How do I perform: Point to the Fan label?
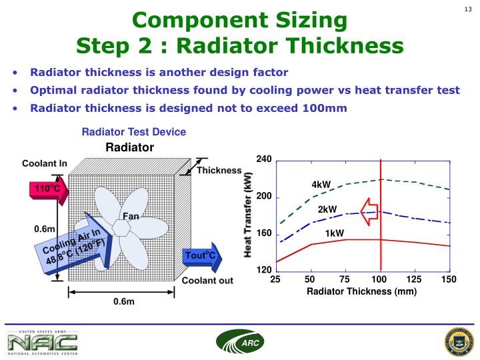tap(131, 216)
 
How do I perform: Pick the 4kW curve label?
tap(321, 184)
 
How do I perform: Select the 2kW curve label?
tap(327, 209)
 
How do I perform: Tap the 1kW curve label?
tap(335, 233)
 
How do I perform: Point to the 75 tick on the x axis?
tap(345, 279)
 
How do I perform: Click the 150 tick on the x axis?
tap(449, 279)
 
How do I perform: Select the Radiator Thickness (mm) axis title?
tap(361, 292)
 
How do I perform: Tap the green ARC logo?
tap(240, 342)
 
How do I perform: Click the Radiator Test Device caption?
tap(133, 132)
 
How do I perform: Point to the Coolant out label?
tap(208, 281)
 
